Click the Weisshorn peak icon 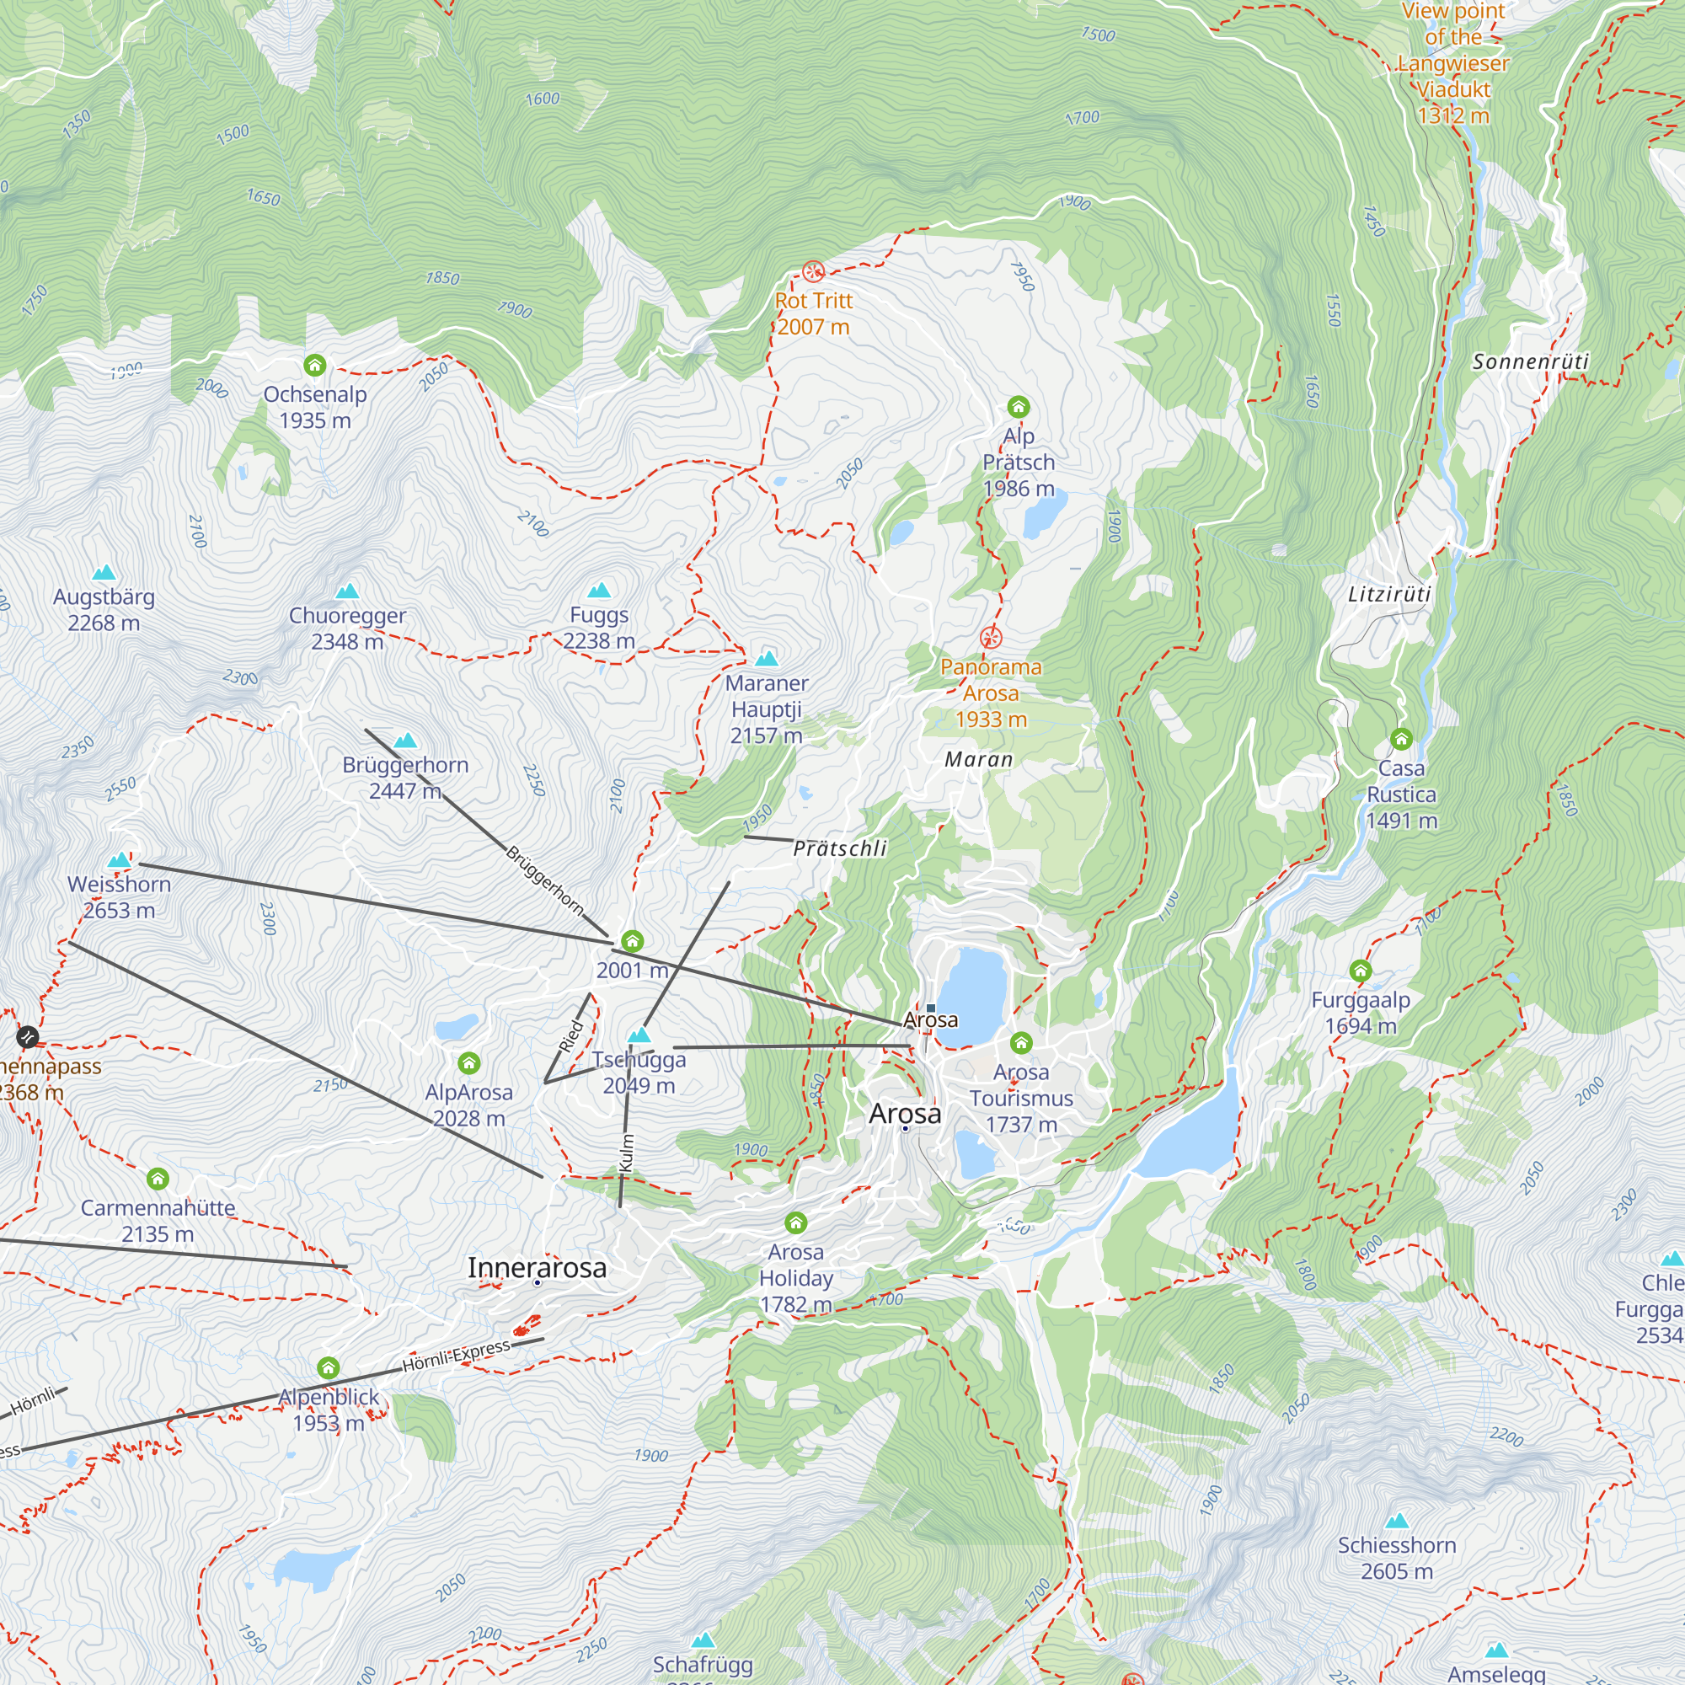(x=120, y=861)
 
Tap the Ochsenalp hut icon (x=315, y=366)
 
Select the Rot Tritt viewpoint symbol (x=813, y=271)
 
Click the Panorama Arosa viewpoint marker (x=991, y=638)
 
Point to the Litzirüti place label (x=1389, y=595)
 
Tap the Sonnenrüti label (x=1531, y=361)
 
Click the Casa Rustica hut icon (x=1402, y=740)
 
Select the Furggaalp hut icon (x=1361, y=971)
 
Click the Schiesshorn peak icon (x=1397, y=1521)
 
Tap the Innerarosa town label (x=537, y=1267)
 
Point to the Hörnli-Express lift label (x=456, y=1356)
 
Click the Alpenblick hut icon (x=328, y=1367)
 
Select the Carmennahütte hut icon (x=158, y=1179)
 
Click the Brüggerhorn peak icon (x=405, y=741)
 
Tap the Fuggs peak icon (x=599, y=591)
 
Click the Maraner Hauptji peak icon (x=767, y=659)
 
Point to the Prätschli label (x=840, y=848)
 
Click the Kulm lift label (x=626, y=1153)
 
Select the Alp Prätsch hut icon (x=1019, y=407)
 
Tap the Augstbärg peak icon (x=104, y=573)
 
